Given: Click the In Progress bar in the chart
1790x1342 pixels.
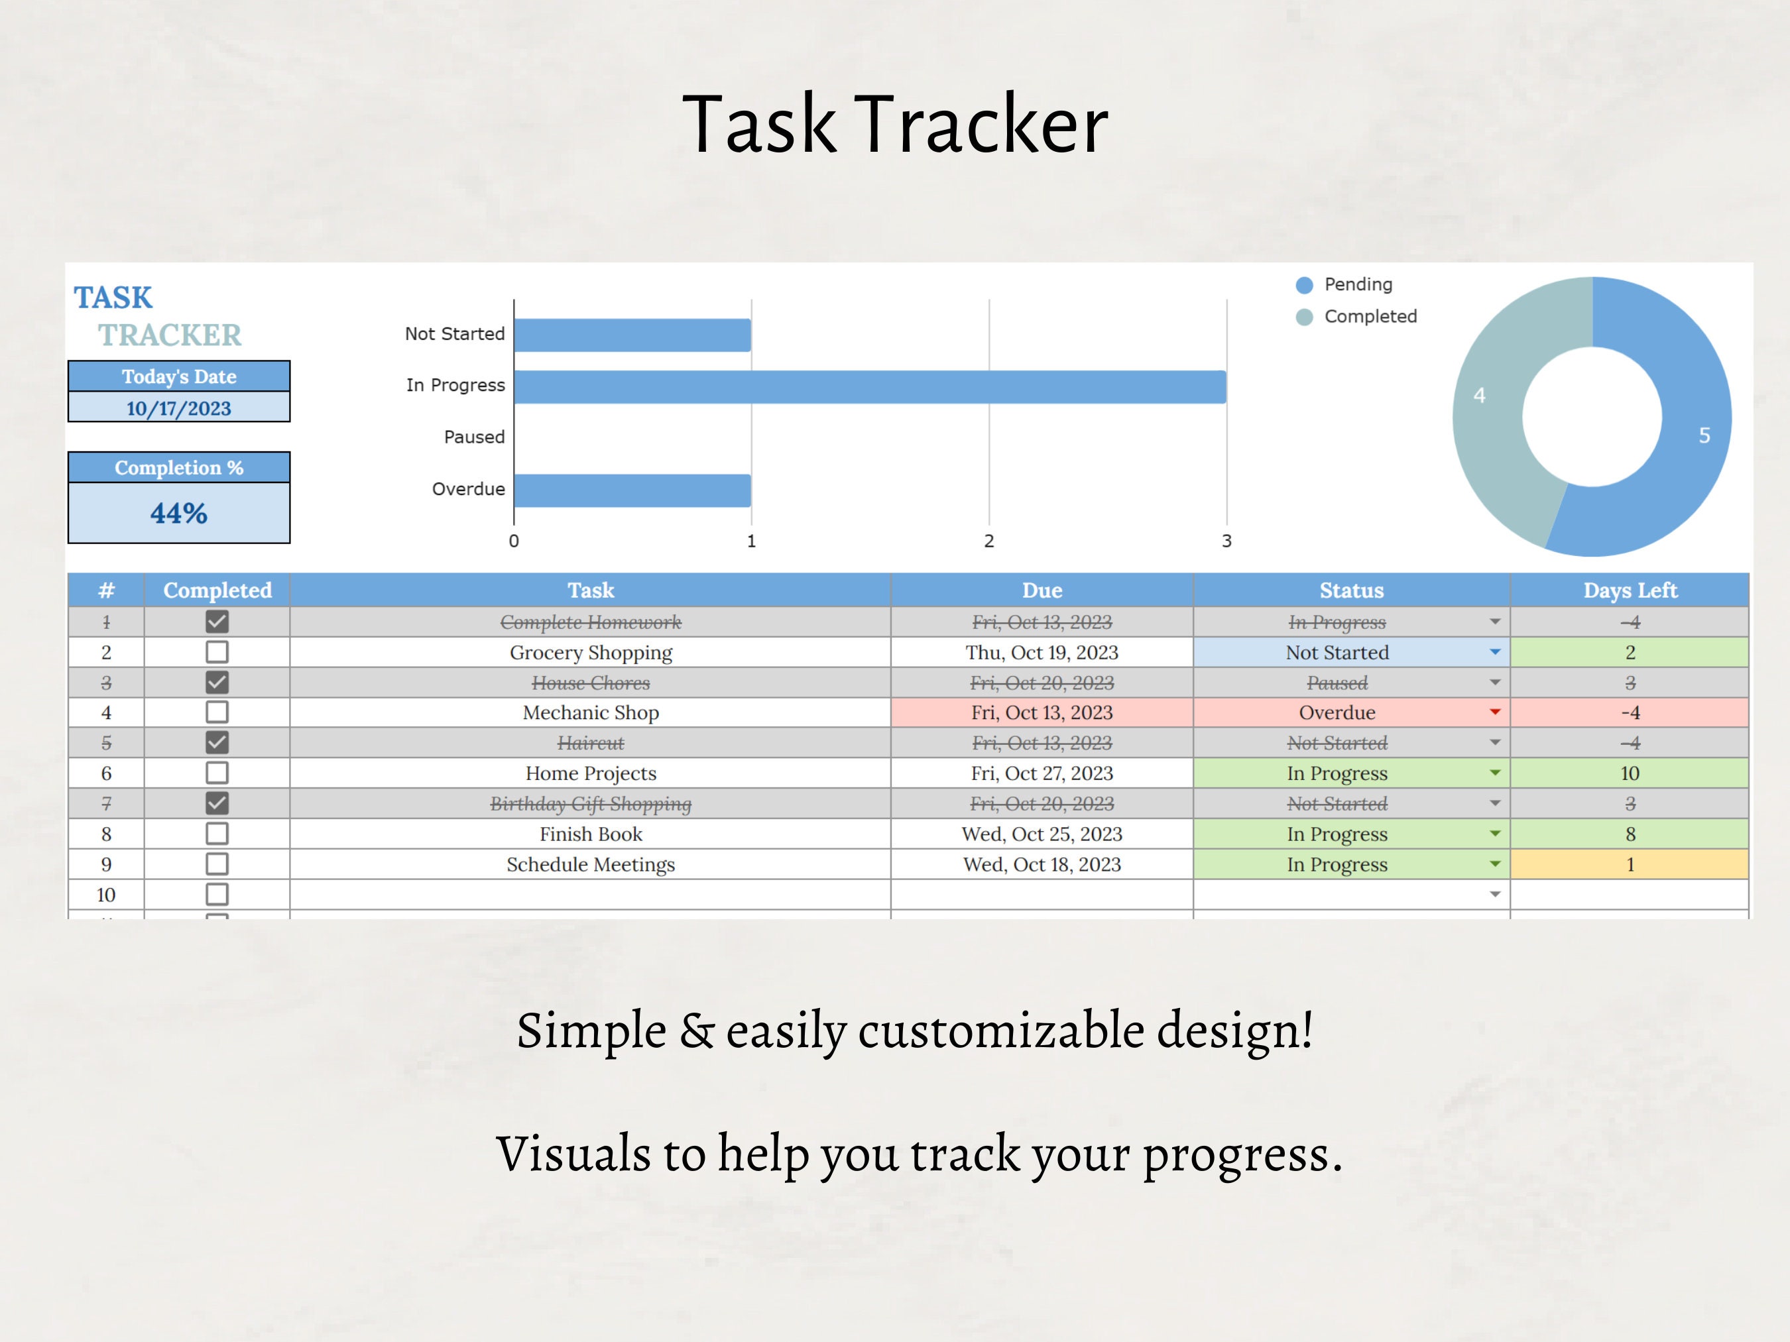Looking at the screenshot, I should (869, 386).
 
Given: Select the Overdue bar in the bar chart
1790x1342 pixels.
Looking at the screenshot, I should (632, 490).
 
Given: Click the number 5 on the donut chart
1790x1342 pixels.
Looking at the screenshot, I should (1704, 436).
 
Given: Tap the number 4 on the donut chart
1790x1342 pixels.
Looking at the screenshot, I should (1479, 396).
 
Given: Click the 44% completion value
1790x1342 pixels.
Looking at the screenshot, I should (179, 513).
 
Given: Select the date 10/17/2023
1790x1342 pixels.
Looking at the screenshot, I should (179, 408).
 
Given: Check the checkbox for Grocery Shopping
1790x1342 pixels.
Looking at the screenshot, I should (217, 652).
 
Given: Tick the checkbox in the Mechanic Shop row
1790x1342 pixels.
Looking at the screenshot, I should (217, 712).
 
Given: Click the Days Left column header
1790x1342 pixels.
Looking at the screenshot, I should (1630, 590).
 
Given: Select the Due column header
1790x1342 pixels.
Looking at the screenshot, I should (1042, 590).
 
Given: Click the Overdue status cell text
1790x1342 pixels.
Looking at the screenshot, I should (1337, 712).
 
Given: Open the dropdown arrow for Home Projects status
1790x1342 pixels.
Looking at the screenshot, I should (1494, 773).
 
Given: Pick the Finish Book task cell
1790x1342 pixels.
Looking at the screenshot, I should (591, 834).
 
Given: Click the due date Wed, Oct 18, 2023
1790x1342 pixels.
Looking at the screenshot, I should (1042, 865).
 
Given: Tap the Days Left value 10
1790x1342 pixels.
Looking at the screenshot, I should (1630, 773).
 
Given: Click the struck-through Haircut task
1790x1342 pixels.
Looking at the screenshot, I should (591, 744).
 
